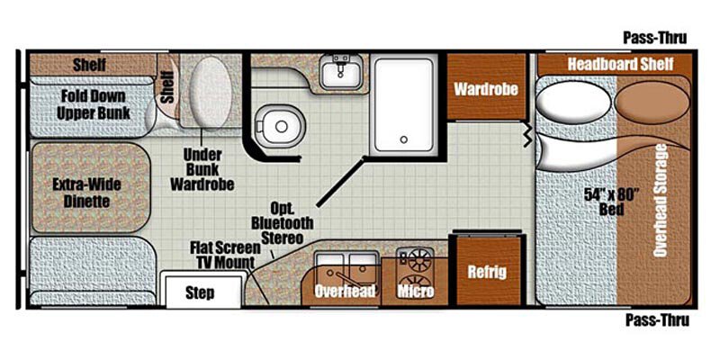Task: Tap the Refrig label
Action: [486, 272]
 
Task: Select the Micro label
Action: [415, 291]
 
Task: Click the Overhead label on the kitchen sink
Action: [344, 291]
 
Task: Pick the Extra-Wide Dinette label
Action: [87, 193]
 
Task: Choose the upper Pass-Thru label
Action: [655, 38]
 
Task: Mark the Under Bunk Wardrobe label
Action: [202, 168]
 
